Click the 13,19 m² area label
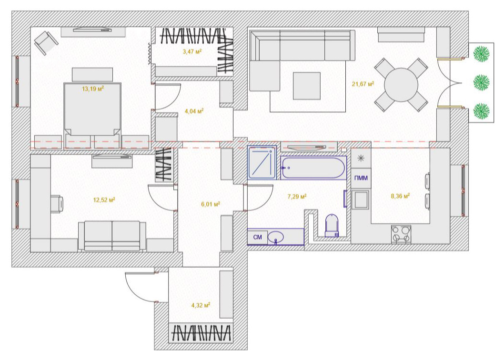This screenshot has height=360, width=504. click(93, 89)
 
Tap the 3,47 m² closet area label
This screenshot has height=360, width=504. click(192, 51)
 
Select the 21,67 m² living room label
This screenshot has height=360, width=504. click(363, 84)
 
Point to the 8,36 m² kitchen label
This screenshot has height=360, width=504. click(400, 196)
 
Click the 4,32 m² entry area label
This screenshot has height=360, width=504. click(201, 305)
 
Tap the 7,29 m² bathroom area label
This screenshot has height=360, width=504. click(297, 196)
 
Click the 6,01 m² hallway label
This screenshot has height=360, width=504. click(211, 204)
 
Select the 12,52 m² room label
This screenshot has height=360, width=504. click(104, 200)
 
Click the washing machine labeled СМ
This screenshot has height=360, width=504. click(257, 237)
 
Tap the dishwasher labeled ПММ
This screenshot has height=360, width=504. click(361, 178)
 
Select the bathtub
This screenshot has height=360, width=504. click(313, 168)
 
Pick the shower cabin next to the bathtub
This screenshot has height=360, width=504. click(262, 162)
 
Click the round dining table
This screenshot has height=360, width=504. click(401, 85)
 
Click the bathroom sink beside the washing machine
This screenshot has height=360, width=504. click(276, 237)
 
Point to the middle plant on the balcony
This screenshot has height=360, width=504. click(481, 82)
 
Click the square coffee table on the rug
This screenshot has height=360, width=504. click(307, 86)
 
